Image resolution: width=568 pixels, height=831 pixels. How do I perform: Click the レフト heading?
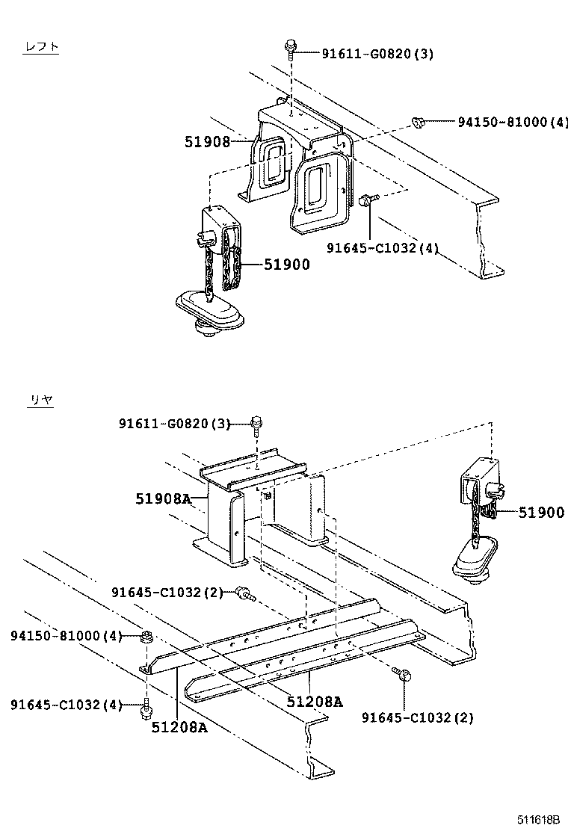click(41, 47)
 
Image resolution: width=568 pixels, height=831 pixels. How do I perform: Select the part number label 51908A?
click(164, 498)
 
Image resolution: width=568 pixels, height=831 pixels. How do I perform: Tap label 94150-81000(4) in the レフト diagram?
click(513, 122)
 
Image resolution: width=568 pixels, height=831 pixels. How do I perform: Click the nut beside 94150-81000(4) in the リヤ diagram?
click(147, 637)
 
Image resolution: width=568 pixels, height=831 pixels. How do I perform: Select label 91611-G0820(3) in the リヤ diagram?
click(174, 424)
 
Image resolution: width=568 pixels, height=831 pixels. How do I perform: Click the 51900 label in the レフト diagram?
click(286, 264)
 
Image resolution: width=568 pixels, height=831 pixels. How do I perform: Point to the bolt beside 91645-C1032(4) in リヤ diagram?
click(146, 706)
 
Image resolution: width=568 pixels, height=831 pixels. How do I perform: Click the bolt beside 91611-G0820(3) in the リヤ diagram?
click(256, 424)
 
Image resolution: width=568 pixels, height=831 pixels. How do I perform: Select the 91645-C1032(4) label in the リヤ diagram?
click(66, 705)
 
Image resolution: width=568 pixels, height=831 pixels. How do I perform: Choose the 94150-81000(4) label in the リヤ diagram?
click(66, 636)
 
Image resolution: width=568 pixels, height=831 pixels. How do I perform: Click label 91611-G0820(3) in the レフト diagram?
click(377, 54)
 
